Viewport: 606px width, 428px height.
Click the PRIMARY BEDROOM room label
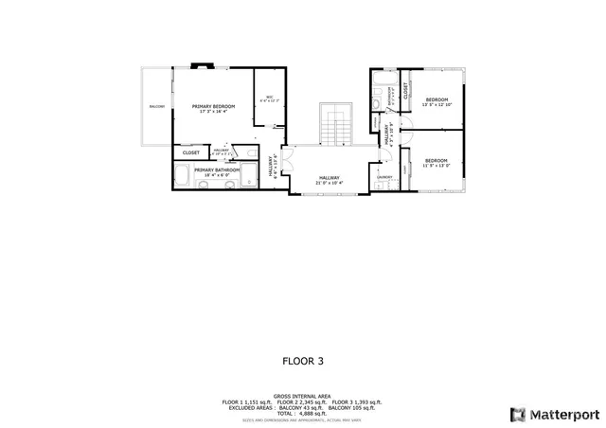(x=214, y=107)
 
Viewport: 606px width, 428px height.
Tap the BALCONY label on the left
(x=156, y=107)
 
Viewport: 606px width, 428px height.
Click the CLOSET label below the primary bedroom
(x=191, y=152)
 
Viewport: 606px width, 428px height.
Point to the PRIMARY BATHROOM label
(x=217, y=170)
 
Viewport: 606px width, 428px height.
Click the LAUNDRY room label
(x=385, y=177)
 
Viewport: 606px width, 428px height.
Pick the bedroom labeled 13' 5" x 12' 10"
(x=437, y=102)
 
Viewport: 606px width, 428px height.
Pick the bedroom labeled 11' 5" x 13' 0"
(x=437, y=163)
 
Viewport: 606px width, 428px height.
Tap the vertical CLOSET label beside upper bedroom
(x=406, y=91)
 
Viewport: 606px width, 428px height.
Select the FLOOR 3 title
(x=303, y=361)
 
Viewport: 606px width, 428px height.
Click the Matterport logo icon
(x=516, y=414)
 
